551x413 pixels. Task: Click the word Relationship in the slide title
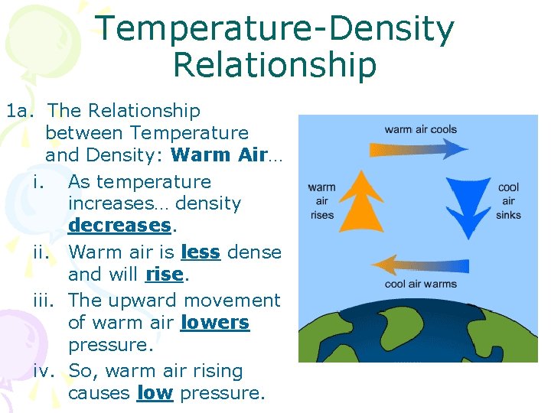(x=275, y=65)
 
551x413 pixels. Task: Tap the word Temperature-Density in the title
(x=275, y=28)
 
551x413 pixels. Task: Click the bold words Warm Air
(x=219, y=155)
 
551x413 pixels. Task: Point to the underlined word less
(x=201, y=252)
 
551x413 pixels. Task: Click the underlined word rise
(x=164, y=274)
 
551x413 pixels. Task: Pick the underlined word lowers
(x=214, y=323)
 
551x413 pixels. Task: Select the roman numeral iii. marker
(x=47, y=301)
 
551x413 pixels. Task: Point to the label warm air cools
(x=420, y=129)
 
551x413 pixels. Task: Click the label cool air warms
(x=420, y=285)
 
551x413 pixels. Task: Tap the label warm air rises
(x=322, y=201)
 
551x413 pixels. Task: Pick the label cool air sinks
(x=508, y=201)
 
